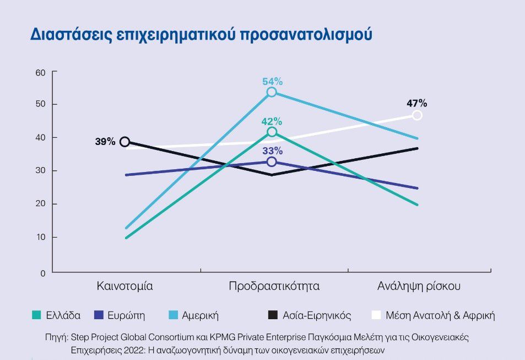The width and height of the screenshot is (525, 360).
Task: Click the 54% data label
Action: (272, 82)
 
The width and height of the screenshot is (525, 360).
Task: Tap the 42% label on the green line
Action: (272, 121)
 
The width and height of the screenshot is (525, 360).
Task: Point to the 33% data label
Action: (272, 151)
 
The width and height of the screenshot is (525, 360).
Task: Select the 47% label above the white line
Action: (417, 103)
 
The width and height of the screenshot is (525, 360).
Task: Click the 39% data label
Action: (105, 142)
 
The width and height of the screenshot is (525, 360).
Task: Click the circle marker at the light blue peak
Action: (272, 92)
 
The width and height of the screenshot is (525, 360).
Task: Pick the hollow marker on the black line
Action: (125, 142)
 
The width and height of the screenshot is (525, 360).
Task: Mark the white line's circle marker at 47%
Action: (417, 115)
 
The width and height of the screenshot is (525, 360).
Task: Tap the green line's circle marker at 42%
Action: (272, 132)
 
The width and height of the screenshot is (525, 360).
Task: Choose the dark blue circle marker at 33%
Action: (272, 162)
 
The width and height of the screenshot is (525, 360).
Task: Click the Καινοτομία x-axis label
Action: (125, 287)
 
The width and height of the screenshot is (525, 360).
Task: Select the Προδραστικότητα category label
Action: (274, 287)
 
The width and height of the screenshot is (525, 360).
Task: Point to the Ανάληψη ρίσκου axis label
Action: (419, 287)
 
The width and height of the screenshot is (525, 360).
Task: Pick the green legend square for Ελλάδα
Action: (36, 315)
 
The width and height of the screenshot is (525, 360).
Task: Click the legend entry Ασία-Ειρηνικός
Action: (317, 316)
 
